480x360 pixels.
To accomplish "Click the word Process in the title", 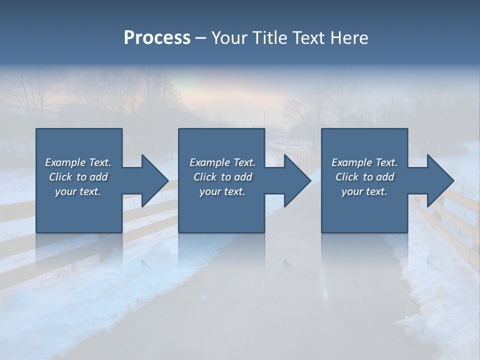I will [157, 38].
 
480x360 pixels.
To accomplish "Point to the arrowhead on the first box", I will [153, 180].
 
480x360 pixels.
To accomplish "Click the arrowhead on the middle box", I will [296, 180].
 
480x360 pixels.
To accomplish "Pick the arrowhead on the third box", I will [438, 180].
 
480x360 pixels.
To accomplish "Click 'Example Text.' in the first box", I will [78, 162].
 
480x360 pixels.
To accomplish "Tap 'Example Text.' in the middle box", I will [222, 162].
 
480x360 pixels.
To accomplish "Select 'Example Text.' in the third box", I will [364, 162].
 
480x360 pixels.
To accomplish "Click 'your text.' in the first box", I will [78, 191].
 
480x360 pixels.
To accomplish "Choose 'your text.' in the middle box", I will [222, 191].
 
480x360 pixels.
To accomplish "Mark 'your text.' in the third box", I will [364, 191].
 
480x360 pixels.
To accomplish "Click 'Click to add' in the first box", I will [78, 177].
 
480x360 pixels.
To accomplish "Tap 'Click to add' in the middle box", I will [222, 177].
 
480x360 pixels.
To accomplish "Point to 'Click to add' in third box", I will [364, 177].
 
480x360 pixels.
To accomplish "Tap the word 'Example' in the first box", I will [65, 162].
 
